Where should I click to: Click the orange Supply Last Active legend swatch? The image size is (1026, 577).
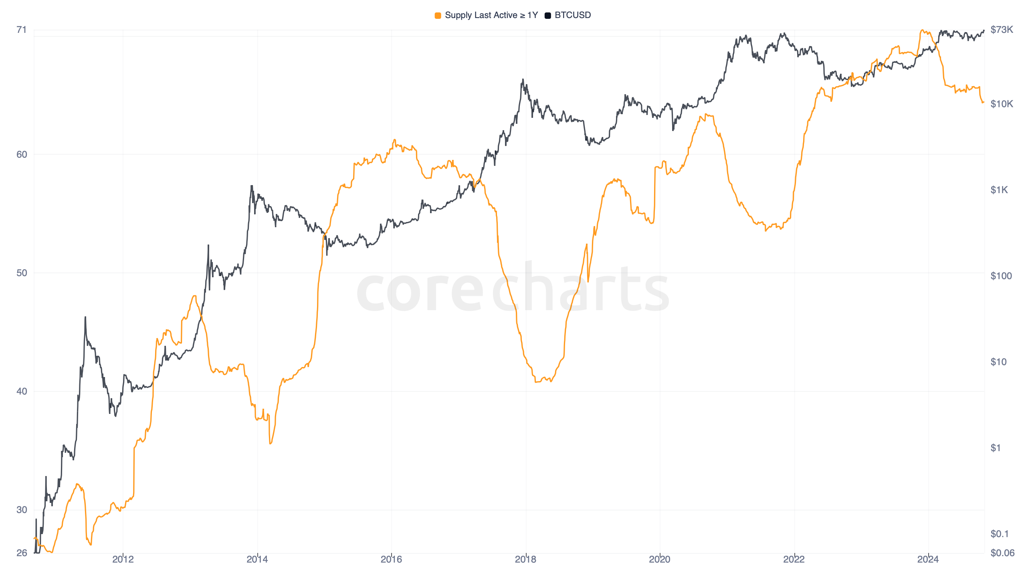point(438,16)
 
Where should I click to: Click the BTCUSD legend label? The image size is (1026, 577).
point(572,15)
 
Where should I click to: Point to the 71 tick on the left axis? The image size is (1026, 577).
point(22,30)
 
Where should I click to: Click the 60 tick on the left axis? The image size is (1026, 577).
point(22,155)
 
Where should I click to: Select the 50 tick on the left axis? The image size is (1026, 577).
point(22,273)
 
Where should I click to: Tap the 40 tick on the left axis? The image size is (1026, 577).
point(22,391)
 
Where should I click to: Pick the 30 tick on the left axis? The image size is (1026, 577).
point(22,510)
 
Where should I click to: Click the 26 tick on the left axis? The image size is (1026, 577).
point(22,553)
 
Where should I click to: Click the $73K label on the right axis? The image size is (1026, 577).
point(1001,30)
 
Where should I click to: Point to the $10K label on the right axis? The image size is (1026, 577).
point(1001,104)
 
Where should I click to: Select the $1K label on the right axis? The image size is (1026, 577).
point(999,190)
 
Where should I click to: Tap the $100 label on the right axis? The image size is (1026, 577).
point(1001,276)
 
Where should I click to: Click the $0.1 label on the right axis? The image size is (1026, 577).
point(999,534)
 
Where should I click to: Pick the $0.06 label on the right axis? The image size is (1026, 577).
point(1002,553)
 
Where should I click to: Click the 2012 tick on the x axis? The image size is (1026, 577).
point(123,559)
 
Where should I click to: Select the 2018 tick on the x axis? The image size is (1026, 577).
point(525,559)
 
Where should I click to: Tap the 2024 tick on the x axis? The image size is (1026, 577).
point(928,559)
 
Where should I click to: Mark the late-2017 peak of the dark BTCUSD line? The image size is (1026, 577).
point(523,80)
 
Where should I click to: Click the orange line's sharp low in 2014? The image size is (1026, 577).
point(271,443)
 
